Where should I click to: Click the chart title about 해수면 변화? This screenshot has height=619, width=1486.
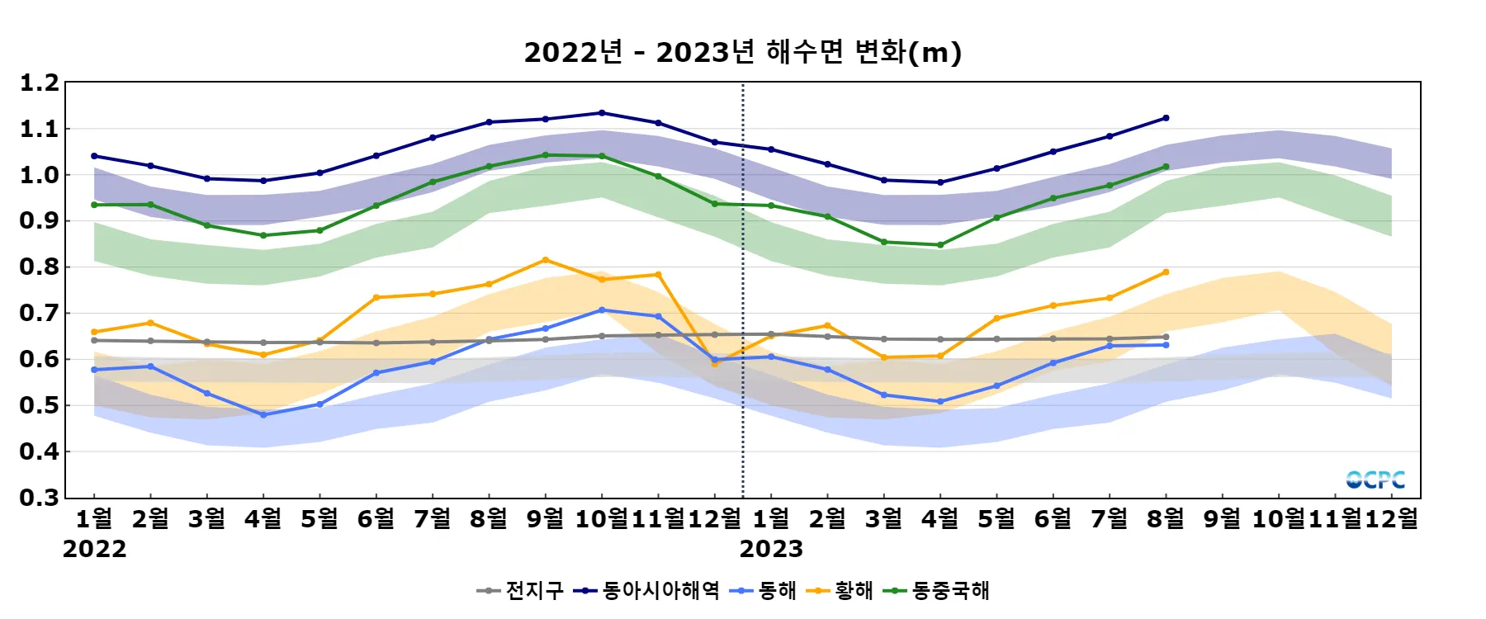pyautogui.click(x=742, y=52)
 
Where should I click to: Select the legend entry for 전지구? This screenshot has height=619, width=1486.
pyautogui.click(x=522, y=591)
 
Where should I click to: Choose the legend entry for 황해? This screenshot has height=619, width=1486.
pyautogui.click(x=841, y=591)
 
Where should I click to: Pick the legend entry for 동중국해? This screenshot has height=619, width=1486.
pyautogui.click(x=938, y=591)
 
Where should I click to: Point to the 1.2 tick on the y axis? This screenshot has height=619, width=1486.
pyautogui.click(x=40, y=83)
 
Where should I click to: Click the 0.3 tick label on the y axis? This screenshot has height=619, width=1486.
pyautogui.click(x=40, y=498)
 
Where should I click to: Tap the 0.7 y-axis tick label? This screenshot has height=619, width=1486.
pyautogui.click(x=40, y=313)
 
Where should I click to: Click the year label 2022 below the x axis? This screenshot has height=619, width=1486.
pyautogui.click(x=94, y=549)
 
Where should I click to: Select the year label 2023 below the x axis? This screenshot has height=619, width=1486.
pyautogui.click(x=771, y=549)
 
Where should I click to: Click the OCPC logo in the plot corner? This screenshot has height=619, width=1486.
pyautogui.click(x=1375, y=480)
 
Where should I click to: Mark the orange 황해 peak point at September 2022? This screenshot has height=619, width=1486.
pyautogui.click(x=545, y=260)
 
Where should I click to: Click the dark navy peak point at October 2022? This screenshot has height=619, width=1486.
pyautogui.click(x=601, y=113)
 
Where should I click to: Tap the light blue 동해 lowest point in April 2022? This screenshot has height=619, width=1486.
pyautogui.click(x=263, y=415)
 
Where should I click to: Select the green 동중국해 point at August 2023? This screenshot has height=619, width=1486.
pyautogui.click(x=1166, y=167)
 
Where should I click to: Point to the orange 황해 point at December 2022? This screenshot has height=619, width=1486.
pyautogui.click(x=715, y=363)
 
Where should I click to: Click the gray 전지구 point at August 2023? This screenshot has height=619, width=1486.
pyautogui.click(x=1166, y=337)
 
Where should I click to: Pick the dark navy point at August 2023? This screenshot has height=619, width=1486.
pyautogui.click(x=1166, y=118)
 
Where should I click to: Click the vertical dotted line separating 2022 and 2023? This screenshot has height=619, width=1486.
pyautogui.click(x=743, y=289)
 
